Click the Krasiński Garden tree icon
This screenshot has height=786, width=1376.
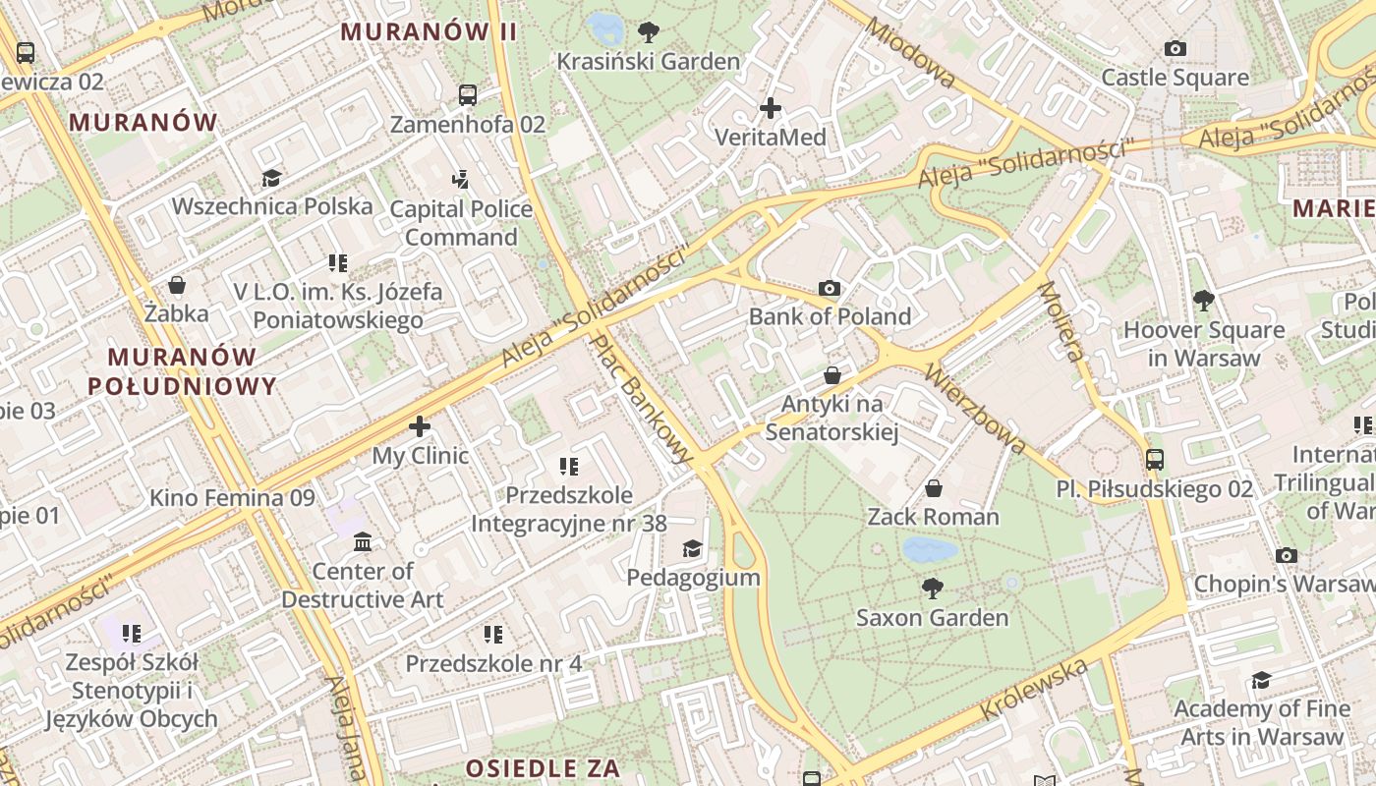point(649,31)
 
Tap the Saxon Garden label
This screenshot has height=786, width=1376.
point(932,617)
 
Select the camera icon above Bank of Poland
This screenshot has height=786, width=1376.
point(830,288)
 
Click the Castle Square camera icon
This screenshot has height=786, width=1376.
point(1175,48)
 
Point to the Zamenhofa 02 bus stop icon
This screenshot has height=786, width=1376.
point(468,95)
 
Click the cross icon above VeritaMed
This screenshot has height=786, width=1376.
point(771,107)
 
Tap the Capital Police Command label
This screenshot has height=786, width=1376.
point(461,223)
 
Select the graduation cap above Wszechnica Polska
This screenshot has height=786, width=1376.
point(271,178)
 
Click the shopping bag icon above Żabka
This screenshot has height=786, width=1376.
point(177,285)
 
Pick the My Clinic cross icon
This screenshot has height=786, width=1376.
point(420,426)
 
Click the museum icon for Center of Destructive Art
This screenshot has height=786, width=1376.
point(363,541)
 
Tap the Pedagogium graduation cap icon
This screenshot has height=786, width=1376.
point(693,548)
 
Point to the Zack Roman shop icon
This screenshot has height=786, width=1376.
point(934,487)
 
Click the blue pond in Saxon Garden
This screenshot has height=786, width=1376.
point(930,549)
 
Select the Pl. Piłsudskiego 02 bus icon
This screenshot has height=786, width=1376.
point(1155,459)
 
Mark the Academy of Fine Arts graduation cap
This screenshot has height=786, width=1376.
point(1261,680)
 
